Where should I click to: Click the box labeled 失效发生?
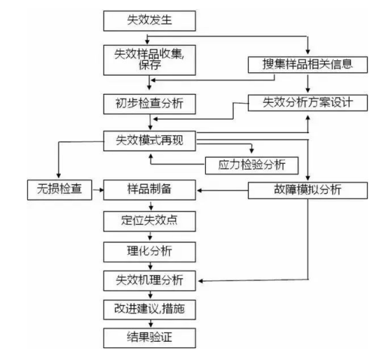coord(149,21)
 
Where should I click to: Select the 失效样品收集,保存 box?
coord(149,60)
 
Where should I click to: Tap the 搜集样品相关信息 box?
coord(307,65)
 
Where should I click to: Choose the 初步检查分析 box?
coord(149,104)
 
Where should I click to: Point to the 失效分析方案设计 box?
coord(307,103)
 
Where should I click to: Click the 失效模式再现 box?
coord(149,141)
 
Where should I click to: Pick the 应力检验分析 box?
coord(251,165)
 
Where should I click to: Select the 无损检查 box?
coord(60,190)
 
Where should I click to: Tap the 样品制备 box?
coord(149,190)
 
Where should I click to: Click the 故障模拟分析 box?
coord(307,191)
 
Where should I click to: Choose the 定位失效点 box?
coord(149,221)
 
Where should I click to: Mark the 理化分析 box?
coord(149,252)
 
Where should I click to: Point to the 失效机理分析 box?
coord(149,281)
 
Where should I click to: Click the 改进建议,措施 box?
coord(149,310)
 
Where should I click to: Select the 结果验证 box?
coord(149,338)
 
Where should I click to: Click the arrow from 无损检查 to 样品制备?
coord(98,190)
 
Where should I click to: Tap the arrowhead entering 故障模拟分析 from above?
coord(308,178)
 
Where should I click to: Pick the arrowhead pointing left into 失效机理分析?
coord(201,281)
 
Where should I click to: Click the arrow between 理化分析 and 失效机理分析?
coord(151,266)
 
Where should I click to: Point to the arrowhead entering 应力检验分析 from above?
coord(251,151)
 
